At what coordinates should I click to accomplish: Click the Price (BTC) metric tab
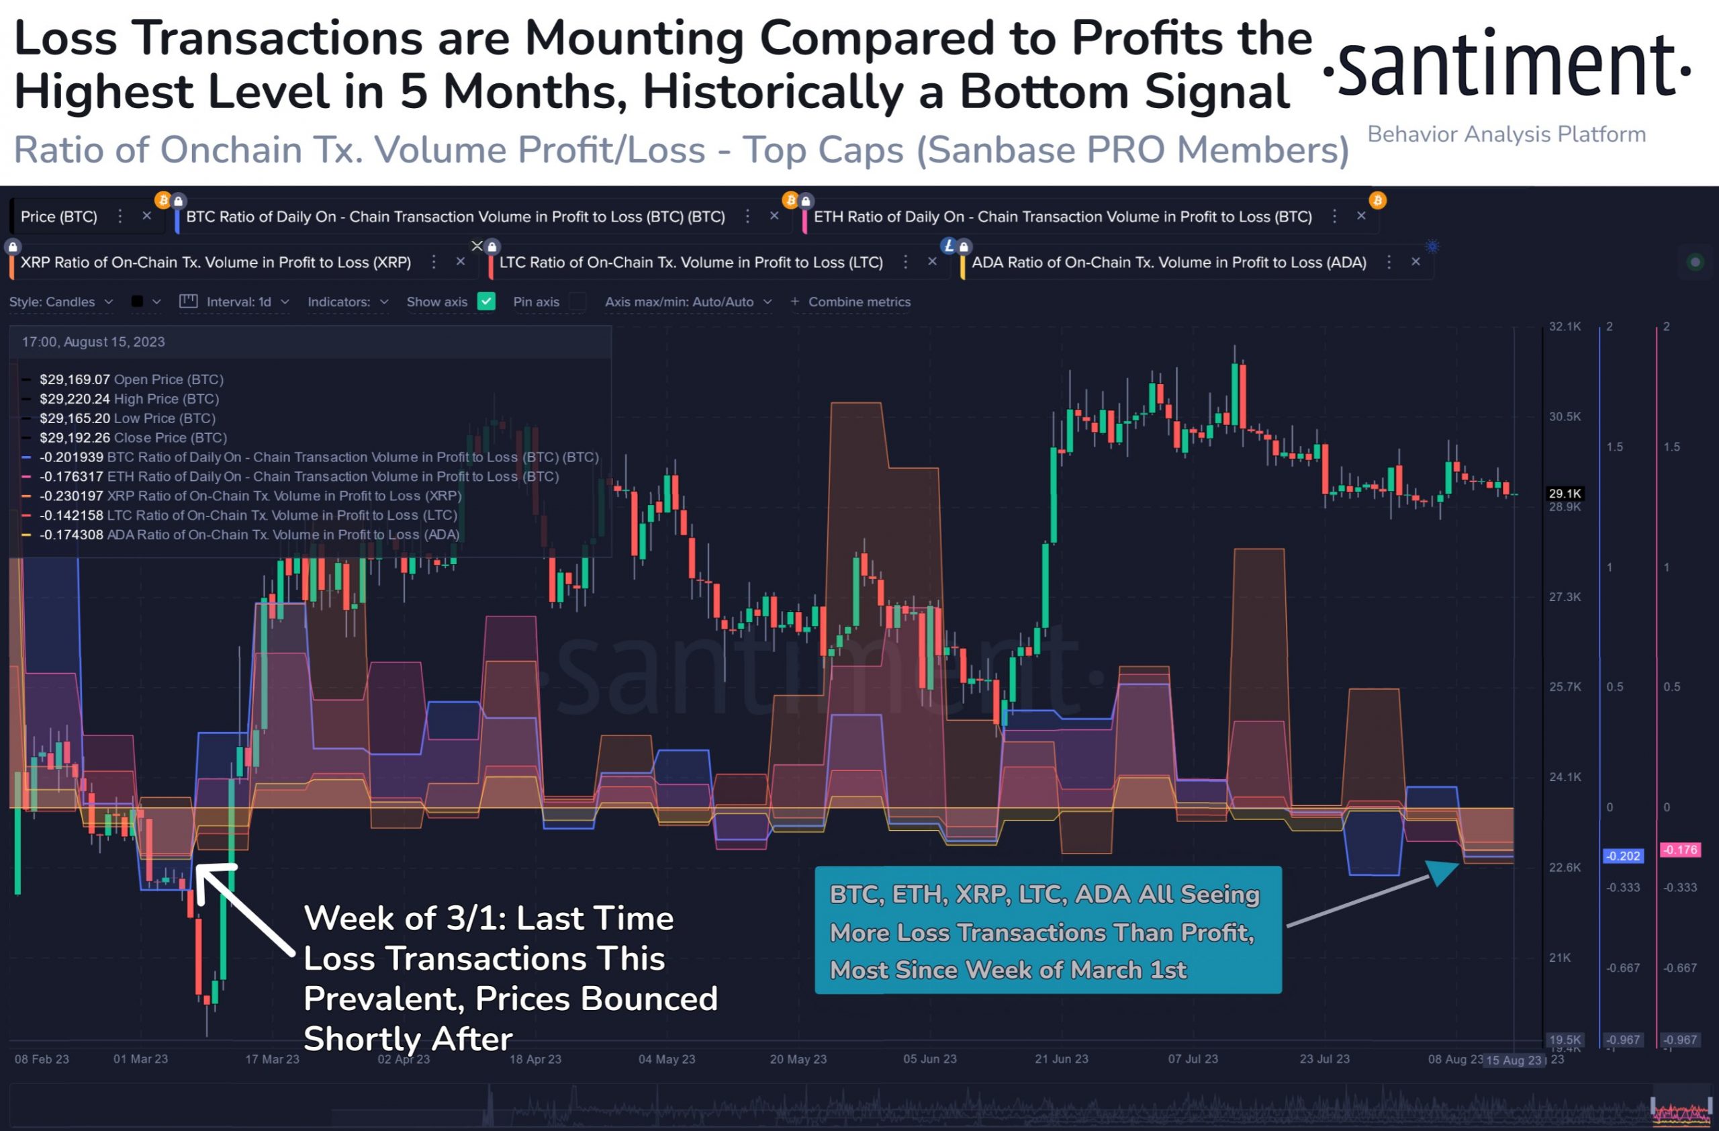coord(58,217)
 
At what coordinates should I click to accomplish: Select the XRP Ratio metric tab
coord(216,262)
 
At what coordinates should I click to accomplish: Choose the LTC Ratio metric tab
coord(690,262)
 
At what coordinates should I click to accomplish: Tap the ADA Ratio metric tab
coord(1168,262)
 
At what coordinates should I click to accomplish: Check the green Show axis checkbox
coord(487,302)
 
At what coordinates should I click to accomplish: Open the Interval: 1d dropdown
coord(238,302)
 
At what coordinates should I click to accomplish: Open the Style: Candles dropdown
coord(60,302)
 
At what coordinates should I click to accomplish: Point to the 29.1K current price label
coord(1565,493)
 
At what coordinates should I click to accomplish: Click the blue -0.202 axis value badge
coord(1623,856)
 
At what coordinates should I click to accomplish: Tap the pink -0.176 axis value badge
coord(1679,850)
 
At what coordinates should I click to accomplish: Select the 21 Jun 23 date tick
coord(1061,1058)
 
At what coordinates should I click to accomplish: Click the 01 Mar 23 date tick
coord(140,1058)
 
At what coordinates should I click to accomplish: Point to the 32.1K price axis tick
coord(1565,326)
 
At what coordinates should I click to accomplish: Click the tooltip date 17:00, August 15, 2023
coord(93,342)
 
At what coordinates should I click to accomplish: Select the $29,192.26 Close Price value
coord(75,438)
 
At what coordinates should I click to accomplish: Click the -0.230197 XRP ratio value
coord(71,496)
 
